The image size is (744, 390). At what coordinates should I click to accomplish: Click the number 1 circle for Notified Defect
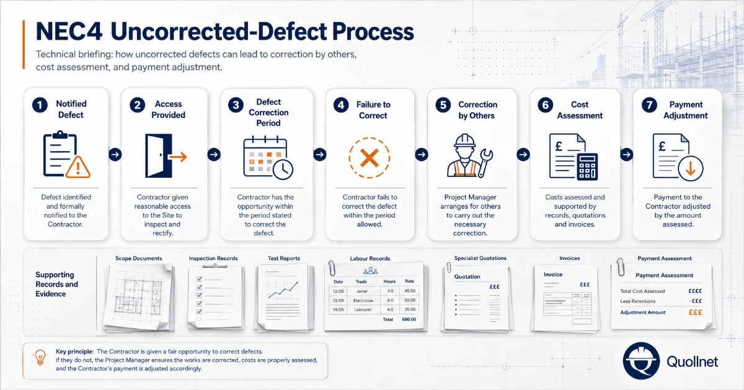(x=40, y=105)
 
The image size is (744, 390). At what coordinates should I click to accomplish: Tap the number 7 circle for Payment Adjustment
(x=649, y=105)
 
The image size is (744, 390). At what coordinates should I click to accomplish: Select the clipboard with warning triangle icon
(x=66, y=155)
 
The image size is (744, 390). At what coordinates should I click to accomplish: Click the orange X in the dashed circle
(x=370, y=158)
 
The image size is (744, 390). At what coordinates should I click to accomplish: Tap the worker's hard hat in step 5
(x=465, y=141)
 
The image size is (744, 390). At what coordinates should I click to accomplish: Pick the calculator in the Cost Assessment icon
(x=587, y=167)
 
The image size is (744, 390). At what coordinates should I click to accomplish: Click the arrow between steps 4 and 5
(x=422, y=155)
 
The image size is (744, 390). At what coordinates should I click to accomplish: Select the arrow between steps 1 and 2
(x=115, y=155)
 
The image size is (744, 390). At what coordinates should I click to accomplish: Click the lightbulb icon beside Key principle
(x=40, y=358)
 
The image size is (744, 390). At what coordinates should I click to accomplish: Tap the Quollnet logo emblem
(x=641, y=361)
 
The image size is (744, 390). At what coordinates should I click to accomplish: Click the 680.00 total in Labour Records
(x=409, y=319)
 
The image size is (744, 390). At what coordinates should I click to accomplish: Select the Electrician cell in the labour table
(x=363, y=300)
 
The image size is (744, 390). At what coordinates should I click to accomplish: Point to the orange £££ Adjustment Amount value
(x=695, y=313)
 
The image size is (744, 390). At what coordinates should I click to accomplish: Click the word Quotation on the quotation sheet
(x=467, y=277)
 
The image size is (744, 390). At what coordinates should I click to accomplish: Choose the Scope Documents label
(x=138, y=258)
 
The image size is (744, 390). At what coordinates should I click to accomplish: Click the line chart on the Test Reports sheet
(x=283, y=290)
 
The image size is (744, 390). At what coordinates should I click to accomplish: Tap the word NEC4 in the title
(x=69, y=32)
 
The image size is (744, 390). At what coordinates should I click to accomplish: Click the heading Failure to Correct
(x=373, y=110)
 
